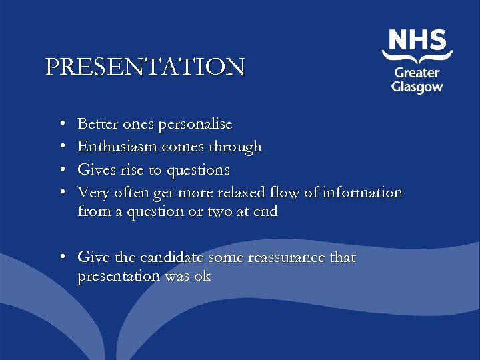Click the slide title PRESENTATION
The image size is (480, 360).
[145, 67]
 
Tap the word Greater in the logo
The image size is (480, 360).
[417, 73]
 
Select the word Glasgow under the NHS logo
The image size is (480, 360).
[417, 87]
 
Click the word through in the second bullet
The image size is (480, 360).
[236, 147]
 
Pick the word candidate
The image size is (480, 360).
[171, 257]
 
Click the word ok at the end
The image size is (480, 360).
[201, 276]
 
